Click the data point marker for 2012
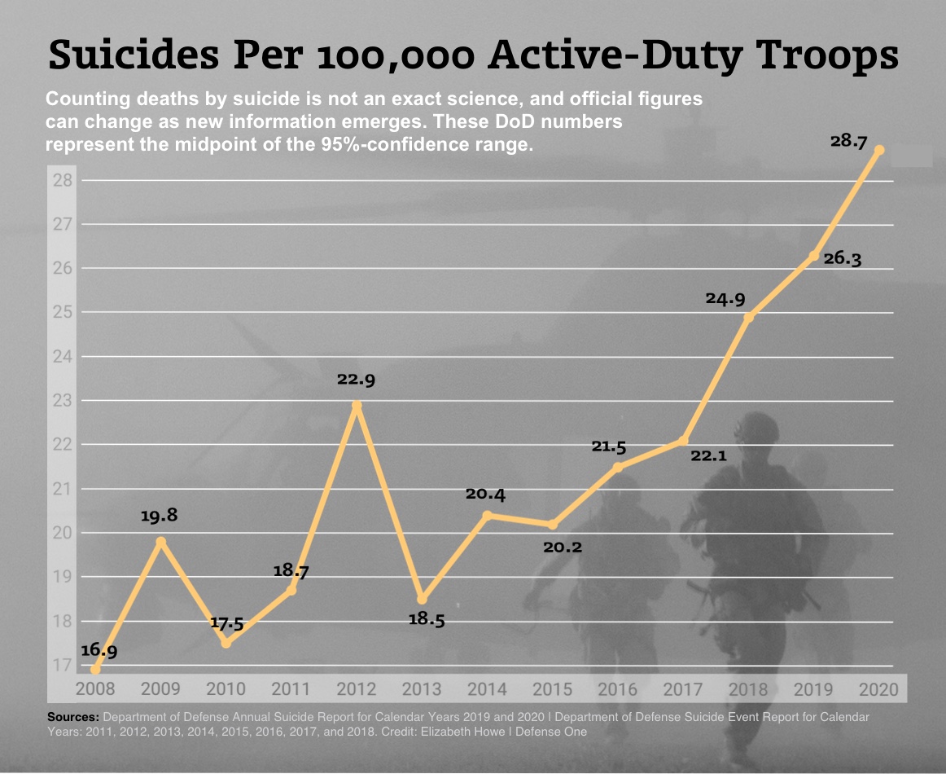click(357, 406)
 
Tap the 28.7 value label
click(850, 141)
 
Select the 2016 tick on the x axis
click(617, 689)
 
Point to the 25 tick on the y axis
click(63, 313)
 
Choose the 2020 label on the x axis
click(878, 689)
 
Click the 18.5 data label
click(426, 620)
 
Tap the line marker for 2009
click(161, 542)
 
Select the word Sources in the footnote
click(73, 717)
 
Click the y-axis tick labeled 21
click(63, 490)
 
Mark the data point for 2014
click(488, 516)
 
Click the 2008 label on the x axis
click(95, 689)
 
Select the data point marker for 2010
click(226, 644)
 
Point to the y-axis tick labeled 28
click(63, 180)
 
